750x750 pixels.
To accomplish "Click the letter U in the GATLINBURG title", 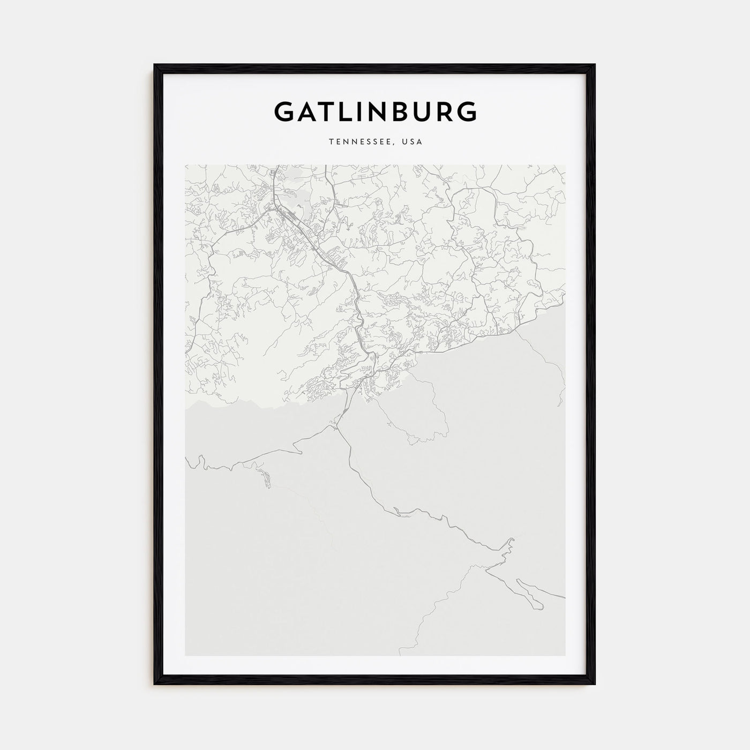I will coord(423,111).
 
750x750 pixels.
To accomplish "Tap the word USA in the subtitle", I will coord(414,142).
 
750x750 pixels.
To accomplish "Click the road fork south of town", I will coord(337,426).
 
